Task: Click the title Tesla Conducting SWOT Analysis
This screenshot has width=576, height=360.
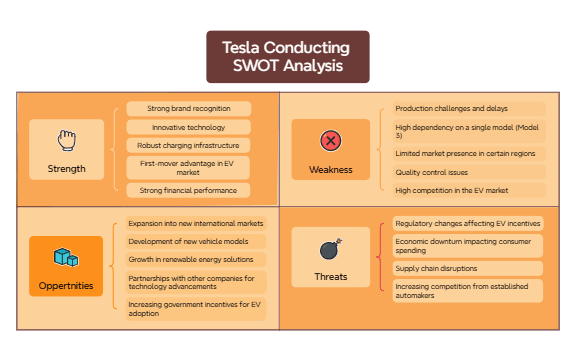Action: pos(287,57)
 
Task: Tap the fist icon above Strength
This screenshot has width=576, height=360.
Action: pos(67,139)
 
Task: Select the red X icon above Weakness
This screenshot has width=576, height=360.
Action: pos(330,140)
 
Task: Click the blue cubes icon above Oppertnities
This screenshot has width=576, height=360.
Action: pos(66,258)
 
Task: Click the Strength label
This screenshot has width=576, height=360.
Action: pos(67,168)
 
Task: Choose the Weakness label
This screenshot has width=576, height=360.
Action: pos(330,169)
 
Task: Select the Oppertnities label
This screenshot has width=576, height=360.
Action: pos(67,286)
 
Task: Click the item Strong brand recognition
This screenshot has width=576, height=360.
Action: pos(189,108)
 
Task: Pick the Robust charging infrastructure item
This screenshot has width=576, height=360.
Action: pos(189,145)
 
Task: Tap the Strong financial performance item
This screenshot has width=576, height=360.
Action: pos(189,190)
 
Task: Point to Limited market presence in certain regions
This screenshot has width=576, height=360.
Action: pos(465,154)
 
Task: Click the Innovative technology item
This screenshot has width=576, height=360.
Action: pos(189,127)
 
